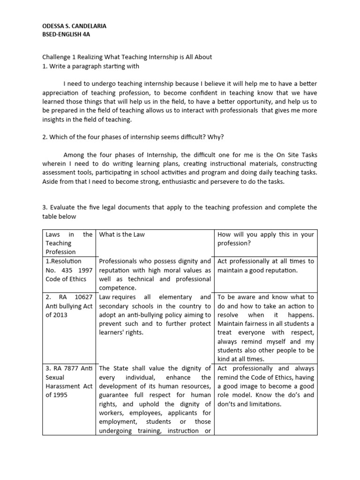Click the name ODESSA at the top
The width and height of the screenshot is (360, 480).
click(49, 26)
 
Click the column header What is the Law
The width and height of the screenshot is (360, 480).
click(121, 234)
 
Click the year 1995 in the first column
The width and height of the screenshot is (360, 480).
click(61, 395)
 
